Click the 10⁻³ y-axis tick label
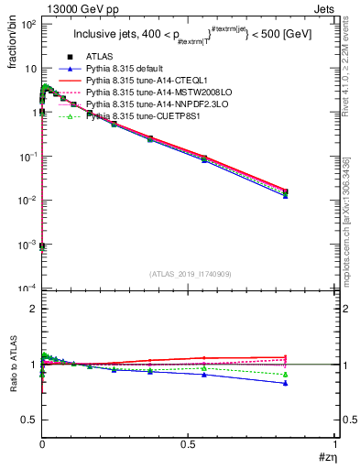click(x=27, y=245)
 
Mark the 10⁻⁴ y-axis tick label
click(x=27, y=289)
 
